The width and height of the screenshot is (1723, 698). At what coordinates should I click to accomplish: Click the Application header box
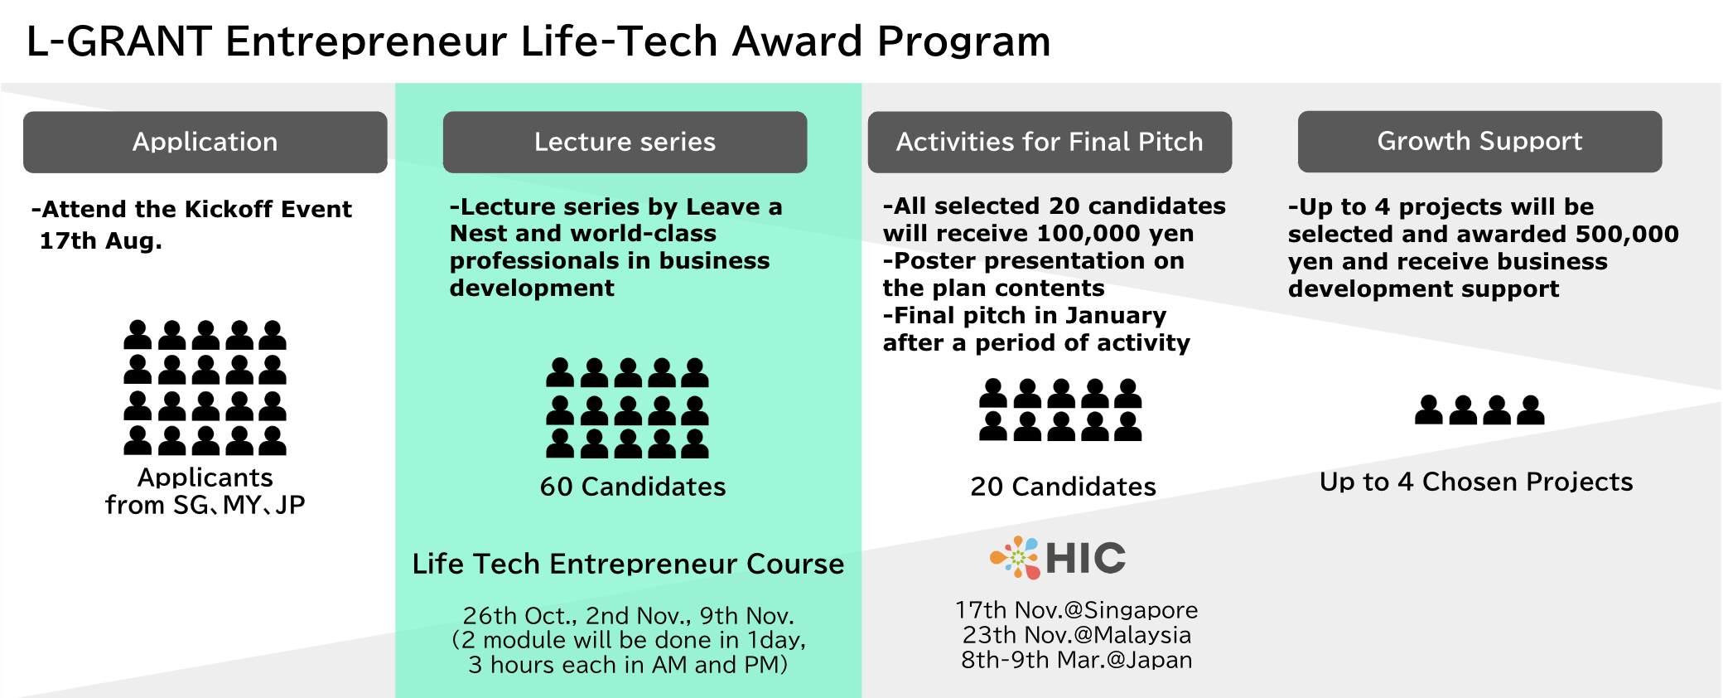click(205, 142)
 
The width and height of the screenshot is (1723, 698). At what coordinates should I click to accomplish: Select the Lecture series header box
click(625, 142)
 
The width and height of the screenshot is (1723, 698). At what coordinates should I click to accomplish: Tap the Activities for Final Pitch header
click(1050, 142)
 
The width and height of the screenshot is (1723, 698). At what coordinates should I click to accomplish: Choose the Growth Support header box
click(1479, 142)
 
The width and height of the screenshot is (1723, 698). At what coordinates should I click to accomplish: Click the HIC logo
click(1058, 557)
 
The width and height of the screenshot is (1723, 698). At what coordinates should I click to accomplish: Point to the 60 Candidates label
click(633, 487)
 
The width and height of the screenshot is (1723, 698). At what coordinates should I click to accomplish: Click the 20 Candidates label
click(1064, 487)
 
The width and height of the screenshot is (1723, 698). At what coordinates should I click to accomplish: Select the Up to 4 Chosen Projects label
click(1476, 482)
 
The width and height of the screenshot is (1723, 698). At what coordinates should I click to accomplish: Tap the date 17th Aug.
click(101, 241)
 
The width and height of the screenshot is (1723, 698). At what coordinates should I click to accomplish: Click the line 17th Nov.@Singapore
click(1077, 610)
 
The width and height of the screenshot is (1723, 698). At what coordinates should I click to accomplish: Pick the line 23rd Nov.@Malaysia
click(1077, 635)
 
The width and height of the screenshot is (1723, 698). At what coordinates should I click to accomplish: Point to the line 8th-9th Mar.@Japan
click(1077, 660)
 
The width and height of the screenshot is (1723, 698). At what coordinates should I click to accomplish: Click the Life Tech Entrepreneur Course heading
click(628, 564)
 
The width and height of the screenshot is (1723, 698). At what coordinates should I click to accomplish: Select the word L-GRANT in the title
click(119, 41)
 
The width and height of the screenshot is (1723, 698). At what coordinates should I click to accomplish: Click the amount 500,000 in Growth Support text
click(1627, 235)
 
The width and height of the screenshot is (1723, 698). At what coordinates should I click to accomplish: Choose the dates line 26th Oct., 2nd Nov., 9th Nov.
click(629, 616)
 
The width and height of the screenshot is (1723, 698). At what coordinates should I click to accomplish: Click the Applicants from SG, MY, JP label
click(205, 491)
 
